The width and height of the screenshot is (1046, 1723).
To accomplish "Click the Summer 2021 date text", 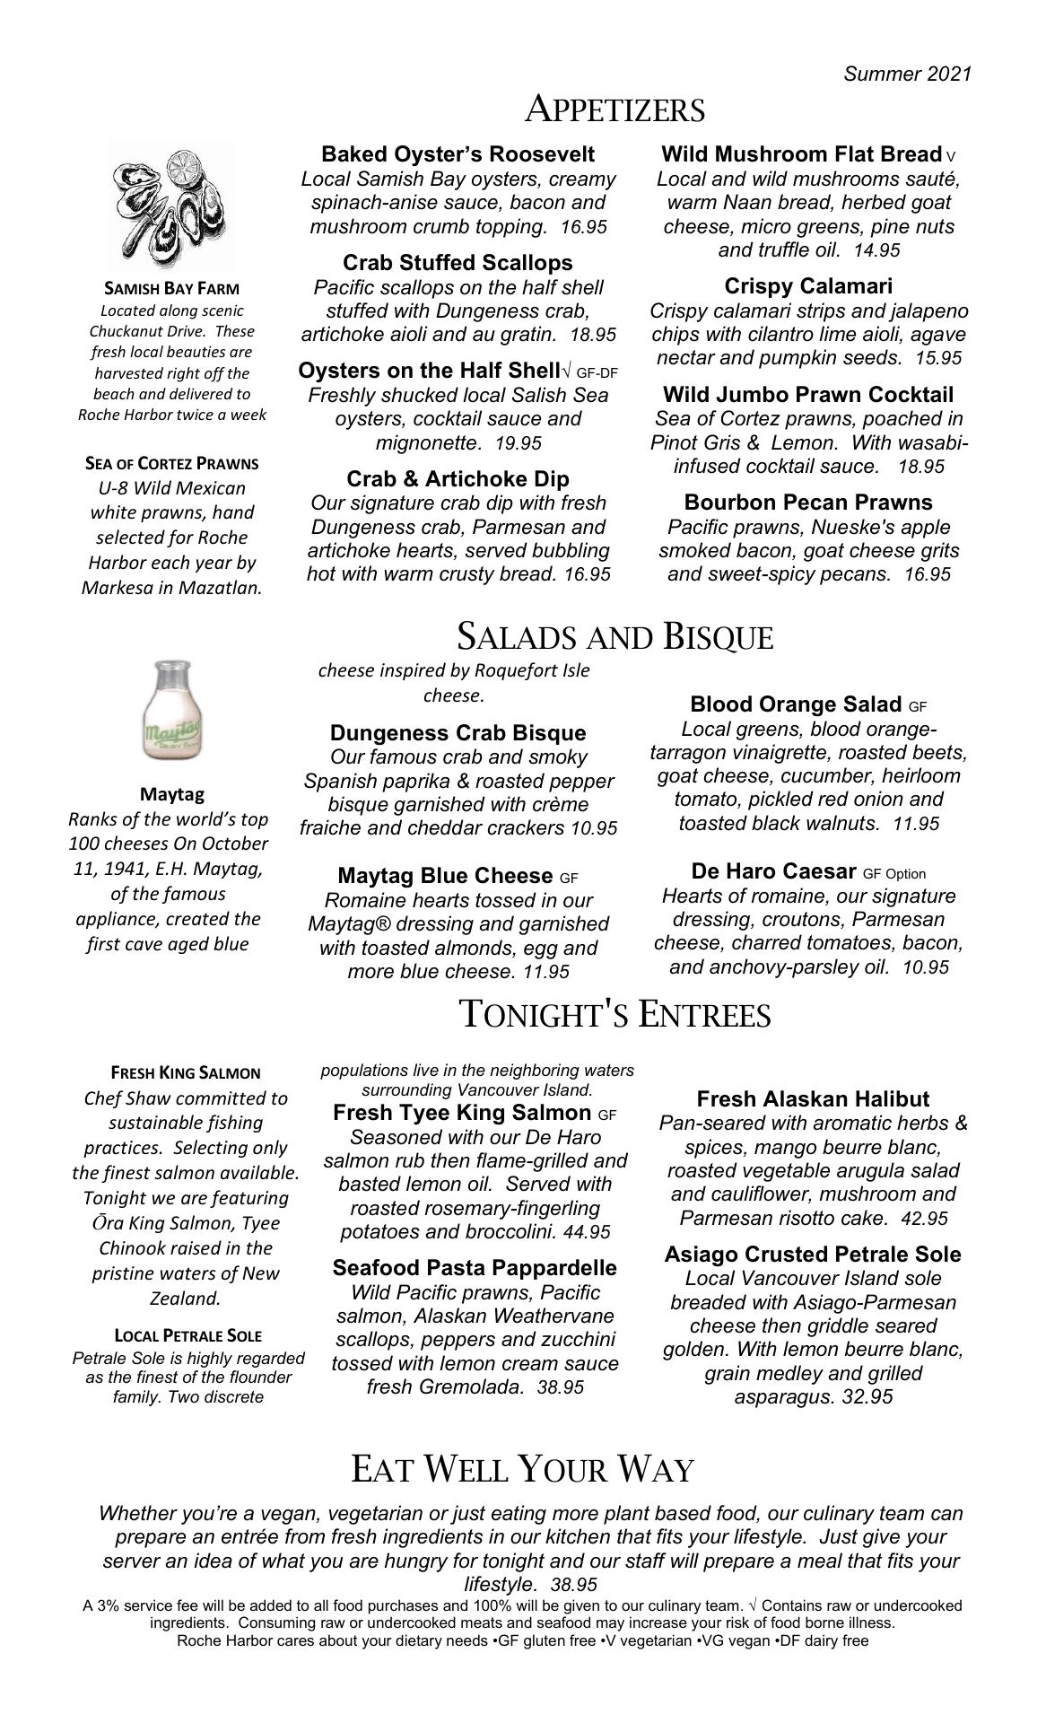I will [x=907, y=74].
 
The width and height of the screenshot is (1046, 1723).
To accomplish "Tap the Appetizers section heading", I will [x=615, y=109].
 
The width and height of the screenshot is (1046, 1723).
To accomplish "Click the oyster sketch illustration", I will [x=170, y=205].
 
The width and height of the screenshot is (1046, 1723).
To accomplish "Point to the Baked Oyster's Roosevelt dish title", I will [x=458, y=154].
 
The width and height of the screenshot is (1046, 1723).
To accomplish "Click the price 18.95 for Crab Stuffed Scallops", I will [x=593, y=335].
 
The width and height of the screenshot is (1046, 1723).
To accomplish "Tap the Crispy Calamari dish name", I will [x=808, y=286].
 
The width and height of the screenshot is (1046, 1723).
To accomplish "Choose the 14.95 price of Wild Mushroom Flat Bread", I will [x=876, y=250].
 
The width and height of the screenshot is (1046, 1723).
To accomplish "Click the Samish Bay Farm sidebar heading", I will [x=172, y=289].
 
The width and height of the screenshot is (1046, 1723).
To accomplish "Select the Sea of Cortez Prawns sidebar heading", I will [x=171, y=464].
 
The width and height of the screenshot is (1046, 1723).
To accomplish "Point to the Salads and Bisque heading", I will [x=615, y=636].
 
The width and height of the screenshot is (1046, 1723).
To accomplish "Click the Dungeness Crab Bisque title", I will [x=458, y=732].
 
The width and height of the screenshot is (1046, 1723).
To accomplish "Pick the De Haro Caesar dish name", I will [x=773, y=871].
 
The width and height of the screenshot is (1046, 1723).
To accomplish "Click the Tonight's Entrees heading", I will [x=615, y=1014].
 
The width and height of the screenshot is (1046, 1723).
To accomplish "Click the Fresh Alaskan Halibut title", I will [x=813, y=1099].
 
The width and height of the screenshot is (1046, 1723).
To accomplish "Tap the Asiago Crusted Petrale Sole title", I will [x=813, y=1255].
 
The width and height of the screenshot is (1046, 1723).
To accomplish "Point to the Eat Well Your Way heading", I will [x=523, y=1469].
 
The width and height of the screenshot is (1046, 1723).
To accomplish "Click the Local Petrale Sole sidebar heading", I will [x=188, y=1335].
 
